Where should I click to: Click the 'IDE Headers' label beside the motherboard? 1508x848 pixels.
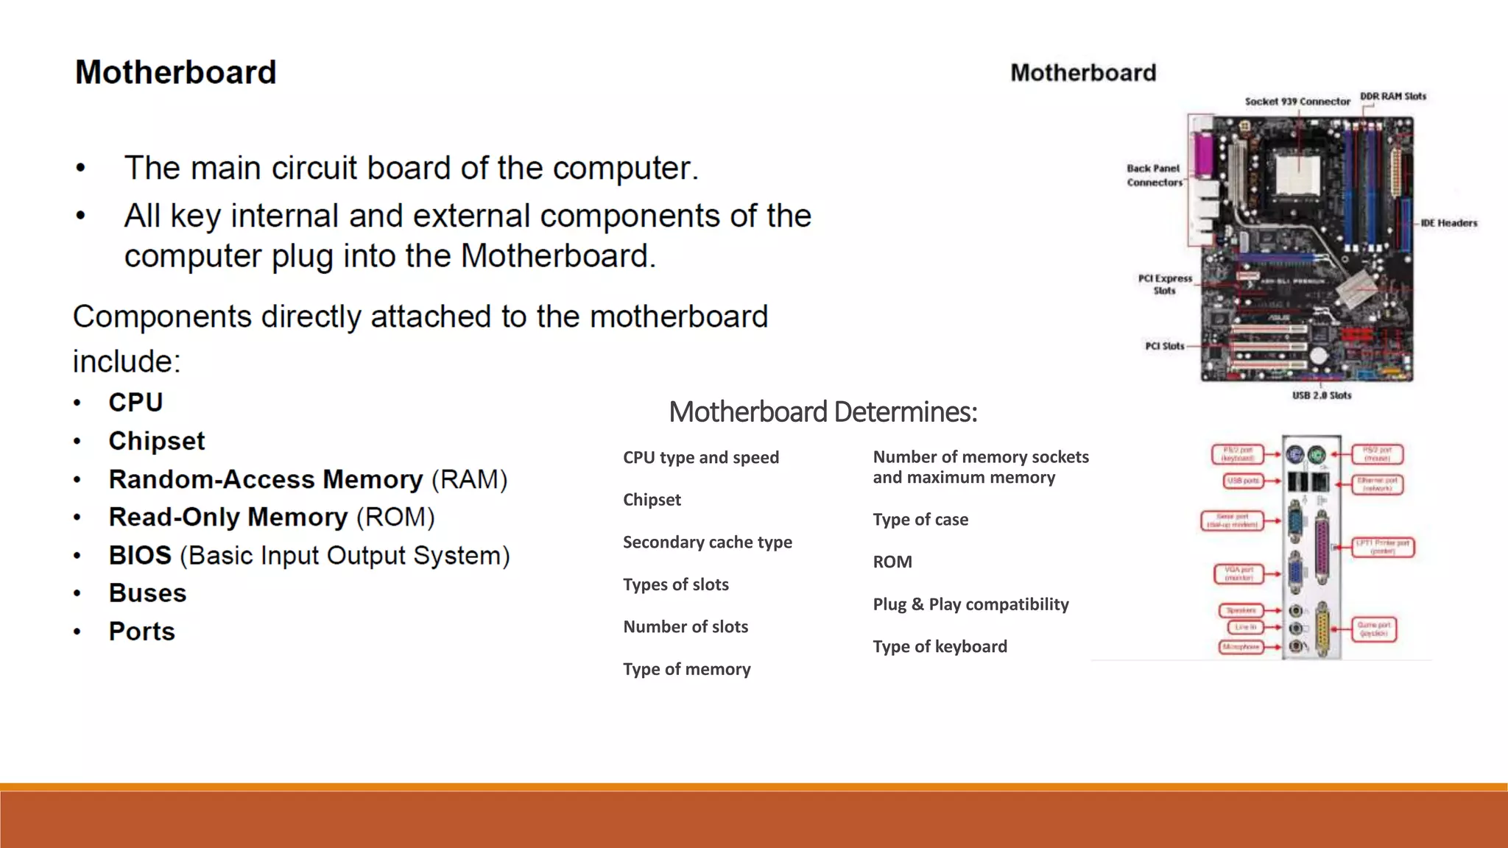1448,223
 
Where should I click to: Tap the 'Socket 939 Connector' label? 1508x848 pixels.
1297,102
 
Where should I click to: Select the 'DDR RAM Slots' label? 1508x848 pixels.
1392,96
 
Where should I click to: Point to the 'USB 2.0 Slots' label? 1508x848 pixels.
1322,395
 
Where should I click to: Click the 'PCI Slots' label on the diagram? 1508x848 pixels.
1164,346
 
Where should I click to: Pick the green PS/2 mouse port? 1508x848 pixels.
1317,456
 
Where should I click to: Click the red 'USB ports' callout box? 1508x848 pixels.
1243,481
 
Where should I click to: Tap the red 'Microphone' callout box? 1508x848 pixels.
1241,647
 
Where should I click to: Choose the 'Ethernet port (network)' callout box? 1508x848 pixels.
1378,484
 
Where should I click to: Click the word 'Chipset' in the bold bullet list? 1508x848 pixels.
157,441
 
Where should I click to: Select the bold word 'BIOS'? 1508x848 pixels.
140,556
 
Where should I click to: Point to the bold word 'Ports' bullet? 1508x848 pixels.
142,632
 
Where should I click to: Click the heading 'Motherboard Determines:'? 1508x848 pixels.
822,411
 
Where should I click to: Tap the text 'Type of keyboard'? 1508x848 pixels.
940,646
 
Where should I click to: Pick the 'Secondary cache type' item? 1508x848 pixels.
707,543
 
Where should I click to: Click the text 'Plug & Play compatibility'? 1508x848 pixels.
970,604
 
